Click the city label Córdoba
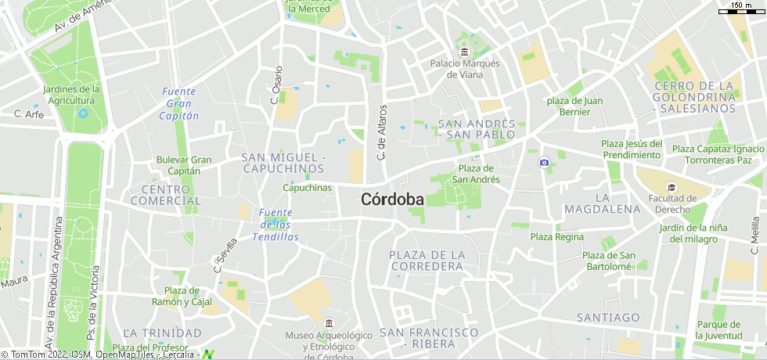tap(392, 200)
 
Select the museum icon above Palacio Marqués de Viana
tap(465, 52)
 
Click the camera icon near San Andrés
tap(544, 162)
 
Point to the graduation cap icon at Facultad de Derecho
tap(672, 187)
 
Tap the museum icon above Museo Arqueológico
tap(328, 323)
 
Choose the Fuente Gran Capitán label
tap(178, 103)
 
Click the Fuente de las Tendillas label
tap(275, 225)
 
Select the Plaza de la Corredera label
tap(427, 261)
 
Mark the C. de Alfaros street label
tap(382, 132)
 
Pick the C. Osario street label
tap(276, 85)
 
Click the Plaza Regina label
tap(557, 236)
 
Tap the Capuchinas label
tap(307, 188)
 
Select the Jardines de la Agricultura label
tap(66, 95)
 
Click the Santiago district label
tap(608, 317)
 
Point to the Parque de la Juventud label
tap(718, 329)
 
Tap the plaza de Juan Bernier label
tap(574, 106)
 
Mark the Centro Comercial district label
tap(165, 195)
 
